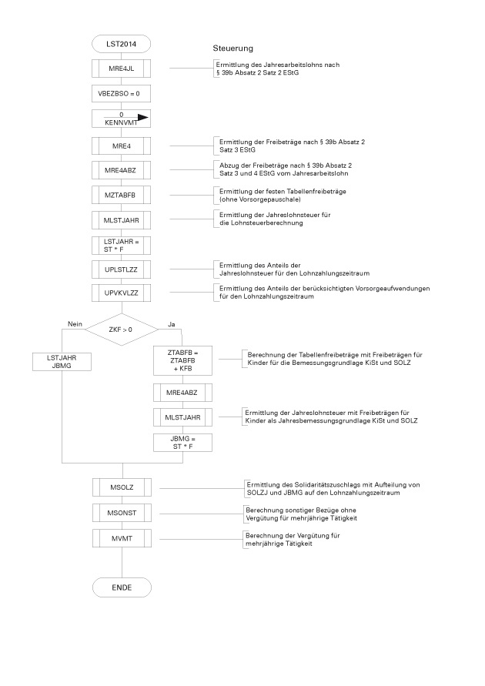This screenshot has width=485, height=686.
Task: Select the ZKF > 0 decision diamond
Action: click(121, 330)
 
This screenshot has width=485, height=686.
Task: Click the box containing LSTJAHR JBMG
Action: click(62, 361)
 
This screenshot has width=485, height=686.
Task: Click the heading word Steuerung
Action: click(232, 49)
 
